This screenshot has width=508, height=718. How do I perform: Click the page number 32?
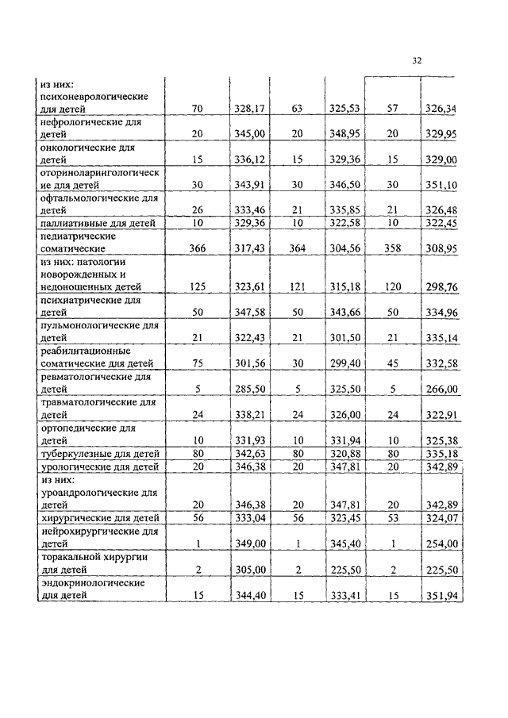click(417, 61)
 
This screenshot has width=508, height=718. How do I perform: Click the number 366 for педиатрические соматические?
click(198, 248)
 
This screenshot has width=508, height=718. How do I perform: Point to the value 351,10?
click(442, 185)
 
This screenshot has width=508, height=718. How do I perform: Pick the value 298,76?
click(442, 286)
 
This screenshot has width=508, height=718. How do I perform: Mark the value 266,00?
click(442, 389)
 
